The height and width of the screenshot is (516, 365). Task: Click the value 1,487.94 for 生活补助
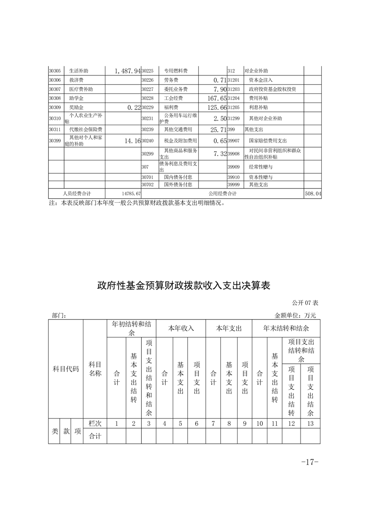click(x=124, y=71)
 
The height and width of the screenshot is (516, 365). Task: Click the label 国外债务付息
click(x=178, y=184)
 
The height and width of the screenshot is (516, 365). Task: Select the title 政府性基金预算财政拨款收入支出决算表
click(x=183, y=286)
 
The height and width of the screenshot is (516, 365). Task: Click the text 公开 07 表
click(x=305, y=303)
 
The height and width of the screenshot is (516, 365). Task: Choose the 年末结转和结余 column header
click(x=285, y=329)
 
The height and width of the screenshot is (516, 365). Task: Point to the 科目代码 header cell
click(x=65, y=369)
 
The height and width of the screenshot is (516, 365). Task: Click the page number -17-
click(x=309, y=462)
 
